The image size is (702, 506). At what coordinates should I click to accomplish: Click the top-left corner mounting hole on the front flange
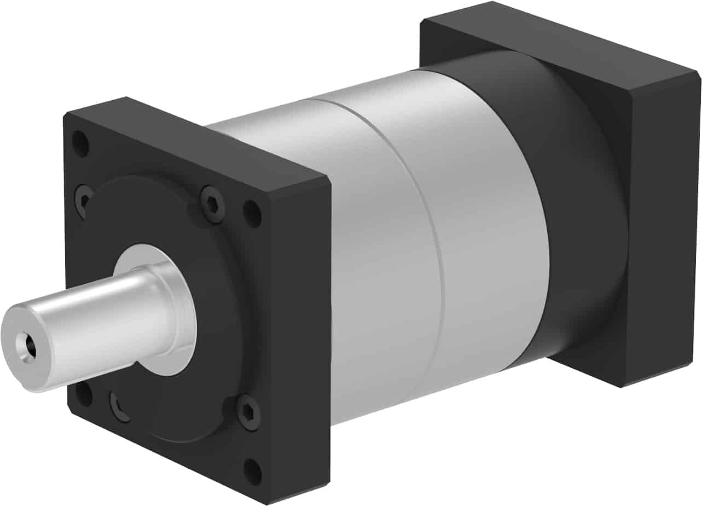tap(80, 143)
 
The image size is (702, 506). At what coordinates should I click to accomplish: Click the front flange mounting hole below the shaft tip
tap(83, 396)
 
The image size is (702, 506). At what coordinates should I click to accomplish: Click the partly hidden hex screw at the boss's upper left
tap(84, 198)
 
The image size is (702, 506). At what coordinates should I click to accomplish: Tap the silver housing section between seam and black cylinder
tap(481, 230)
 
